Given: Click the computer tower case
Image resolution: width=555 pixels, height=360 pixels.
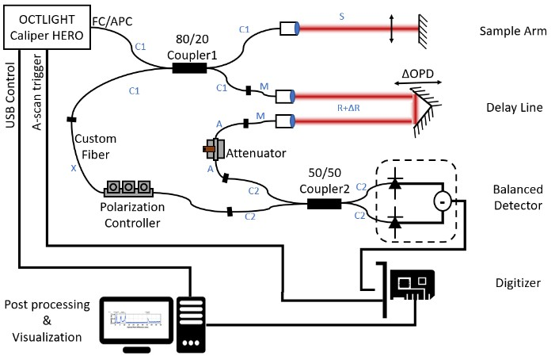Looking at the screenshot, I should (x=191, y=326).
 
